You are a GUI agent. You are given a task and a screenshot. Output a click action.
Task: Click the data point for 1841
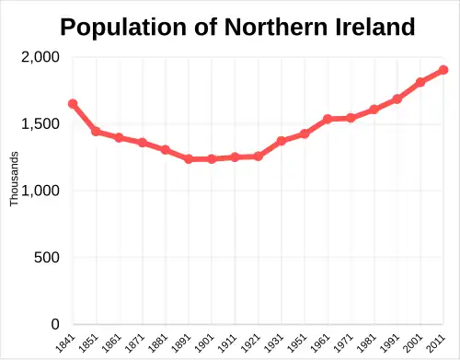coord(73,104)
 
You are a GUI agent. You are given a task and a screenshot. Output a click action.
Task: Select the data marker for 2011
coord(443,70)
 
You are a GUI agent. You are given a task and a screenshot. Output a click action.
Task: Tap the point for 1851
coord(96,132)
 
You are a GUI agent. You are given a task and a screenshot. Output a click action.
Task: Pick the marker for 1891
coord(189,159)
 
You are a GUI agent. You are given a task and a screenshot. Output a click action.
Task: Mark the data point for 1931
coord(282,141)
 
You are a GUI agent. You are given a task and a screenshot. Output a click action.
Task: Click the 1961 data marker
coord(328,119)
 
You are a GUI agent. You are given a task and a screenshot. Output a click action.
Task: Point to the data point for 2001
coord(420,82)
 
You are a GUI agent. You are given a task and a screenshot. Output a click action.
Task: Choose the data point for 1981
coord(374,110)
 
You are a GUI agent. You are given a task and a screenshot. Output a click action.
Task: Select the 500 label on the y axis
coord(48,258)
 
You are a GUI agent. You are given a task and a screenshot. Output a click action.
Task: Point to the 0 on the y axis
coord(56,325)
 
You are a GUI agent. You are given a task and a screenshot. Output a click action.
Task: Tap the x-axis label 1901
coord(207,343)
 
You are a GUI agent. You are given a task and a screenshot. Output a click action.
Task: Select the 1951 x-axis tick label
coord(300,343)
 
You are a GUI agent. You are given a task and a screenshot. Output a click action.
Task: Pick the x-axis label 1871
coord(137,343)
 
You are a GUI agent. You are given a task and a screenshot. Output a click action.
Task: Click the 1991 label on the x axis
coord(393,343)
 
